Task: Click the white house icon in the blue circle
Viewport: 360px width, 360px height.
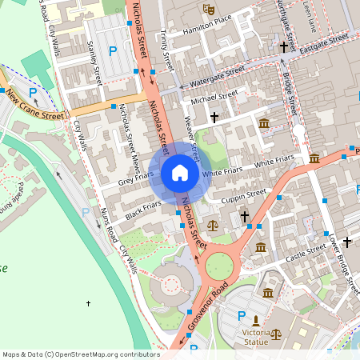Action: pyautogui.click(x=180, y=172)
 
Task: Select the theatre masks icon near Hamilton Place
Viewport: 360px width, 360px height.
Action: pyautogui.click(x=209, y=10)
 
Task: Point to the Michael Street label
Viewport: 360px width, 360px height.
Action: pyautogui.click(x=215, y=98)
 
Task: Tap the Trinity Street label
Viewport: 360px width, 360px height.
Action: pyautogui.click(x=166, y=48)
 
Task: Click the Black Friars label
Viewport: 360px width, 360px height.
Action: pyautogui.click(x=144, y=210)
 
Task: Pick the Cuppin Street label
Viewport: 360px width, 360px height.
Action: pyautogui.click(x=243, y=194)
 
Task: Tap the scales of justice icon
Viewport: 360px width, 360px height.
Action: pyautogui.click(x=212, y=225)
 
